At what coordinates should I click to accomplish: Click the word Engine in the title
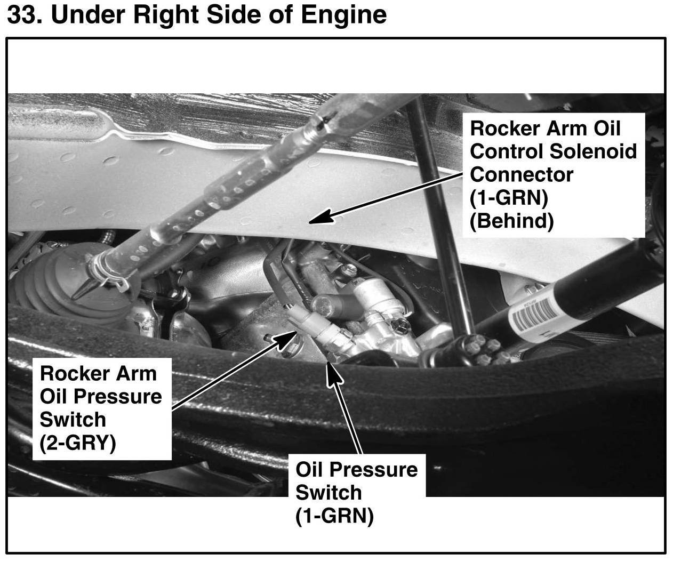(x=343, y=14)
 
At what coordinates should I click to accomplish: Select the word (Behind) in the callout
(x=511, y=221)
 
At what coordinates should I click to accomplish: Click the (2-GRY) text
(x=77, y=443)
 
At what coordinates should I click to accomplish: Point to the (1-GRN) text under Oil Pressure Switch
(x=334, y=516)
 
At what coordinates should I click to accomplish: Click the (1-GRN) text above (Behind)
(x=509, y=198)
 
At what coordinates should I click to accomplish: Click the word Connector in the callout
(x=522, y=174)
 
